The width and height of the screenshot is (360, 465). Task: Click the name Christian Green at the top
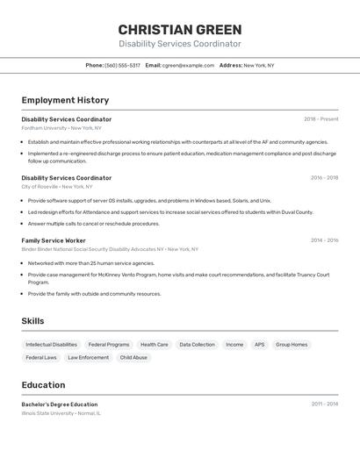(x=179, y=29)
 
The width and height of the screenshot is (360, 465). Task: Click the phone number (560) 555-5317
(x=122, y=65)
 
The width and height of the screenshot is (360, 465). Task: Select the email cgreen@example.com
(x=188, y=65)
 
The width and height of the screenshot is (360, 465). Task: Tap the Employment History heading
(x=65, y=100)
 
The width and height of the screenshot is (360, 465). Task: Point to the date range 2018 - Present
(x=320, y=119)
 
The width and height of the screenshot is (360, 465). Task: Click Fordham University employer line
(x=61, y=128)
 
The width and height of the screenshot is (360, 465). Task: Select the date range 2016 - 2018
(x=324, y=177)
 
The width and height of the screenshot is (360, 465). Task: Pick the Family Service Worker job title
(x=54, y=240)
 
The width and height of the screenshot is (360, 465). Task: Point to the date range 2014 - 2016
(x=324, y=240)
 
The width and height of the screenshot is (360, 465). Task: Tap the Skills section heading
(x=32, y=321)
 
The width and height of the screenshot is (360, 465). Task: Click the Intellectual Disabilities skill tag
(x=51, y=345)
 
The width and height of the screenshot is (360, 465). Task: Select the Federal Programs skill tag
(x=109, y=345)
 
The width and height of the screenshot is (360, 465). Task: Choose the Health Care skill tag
(x=155, y=345)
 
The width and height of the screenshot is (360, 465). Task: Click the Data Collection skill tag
(x=197, y=345)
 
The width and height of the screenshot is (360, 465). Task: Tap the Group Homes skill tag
(x=292, y=345)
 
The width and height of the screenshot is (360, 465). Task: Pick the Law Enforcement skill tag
(x=88, y=358)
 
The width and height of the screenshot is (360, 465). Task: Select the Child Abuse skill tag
(x=133, y=358)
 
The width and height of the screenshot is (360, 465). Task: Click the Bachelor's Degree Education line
(x=60, y=404)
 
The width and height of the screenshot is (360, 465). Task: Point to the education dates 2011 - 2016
(x=324, y=404)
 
